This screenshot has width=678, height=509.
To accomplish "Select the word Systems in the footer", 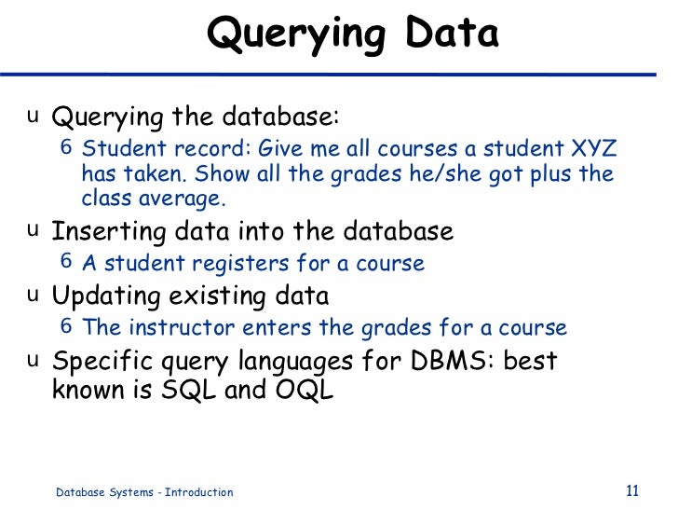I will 123,492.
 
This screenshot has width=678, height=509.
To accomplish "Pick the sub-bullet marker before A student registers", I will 66,262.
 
